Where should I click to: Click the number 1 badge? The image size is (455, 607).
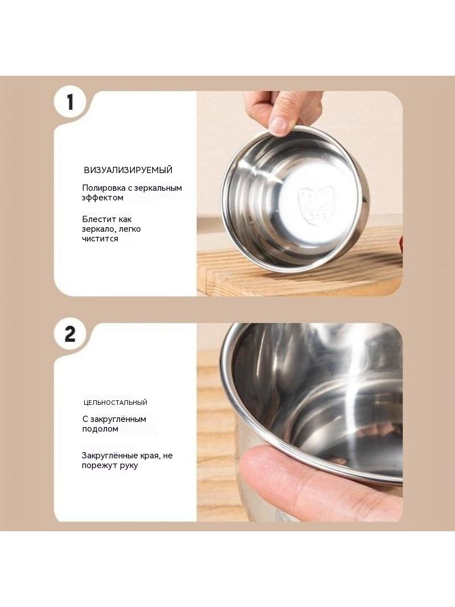(70, 102)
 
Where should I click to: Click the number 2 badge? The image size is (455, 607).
(70, 334)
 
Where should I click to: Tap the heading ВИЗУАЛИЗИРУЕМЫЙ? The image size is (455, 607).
(128, 170)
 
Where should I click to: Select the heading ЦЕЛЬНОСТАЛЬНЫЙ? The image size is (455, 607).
(115, 403)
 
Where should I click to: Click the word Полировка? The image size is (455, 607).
(103, 188)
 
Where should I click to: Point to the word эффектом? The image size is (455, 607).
(102, 198)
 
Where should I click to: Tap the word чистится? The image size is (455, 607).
(100, 239)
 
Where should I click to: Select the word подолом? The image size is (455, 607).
(100, 429)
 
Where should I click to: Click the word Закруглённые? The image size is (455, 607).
(109, 456)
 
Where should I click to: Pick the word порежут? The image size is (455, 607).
(98, 465)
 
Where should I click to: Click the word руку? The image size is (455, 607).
(129, 466)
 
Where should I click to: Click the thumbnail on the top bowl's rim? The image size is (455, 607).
(279, 125)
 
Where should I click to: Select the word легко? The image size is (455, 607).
(130, 229)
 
